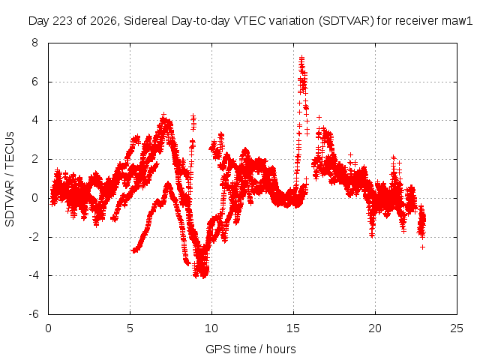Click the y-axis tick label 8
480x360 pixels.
[34, 43]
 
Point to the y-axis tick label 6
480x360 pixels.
[34, 82]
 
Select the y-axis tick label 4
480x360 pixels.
[34, 120]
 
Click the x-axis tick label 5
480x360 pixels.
[130, 328]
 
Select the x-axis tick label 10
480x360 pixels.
[211, 328]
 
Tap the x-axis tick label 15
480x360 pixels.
[293, 328]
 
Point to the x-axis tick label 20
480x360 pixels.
[375, 328]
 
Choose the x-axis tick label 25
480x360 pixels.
[457, 328]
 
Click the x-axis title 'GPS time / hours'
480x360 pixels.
[250, 349]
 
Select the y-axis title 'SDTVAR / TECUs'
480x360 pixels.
[10, 179]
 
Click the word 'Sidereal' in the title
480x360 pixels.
[145, 21]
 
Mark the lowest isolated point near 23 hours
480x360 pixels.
[422, 247]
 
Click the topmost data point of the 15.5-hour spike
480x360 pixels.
[301, 57]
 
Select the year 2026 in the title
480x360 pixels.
[103, 21]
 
